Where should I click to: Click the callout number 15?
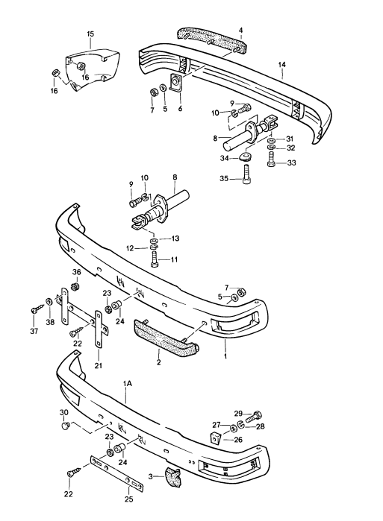[x=90, y=34]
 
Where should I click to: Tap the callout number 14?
[x=282, y=66]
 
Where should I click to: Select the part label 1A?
[x=127, y=382]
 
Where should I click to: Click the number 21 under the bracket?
[x=98, y=365]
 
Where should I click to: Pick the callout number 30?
[x=64, y=413]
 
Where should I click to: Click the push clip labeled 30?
[x=66, y=426]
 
